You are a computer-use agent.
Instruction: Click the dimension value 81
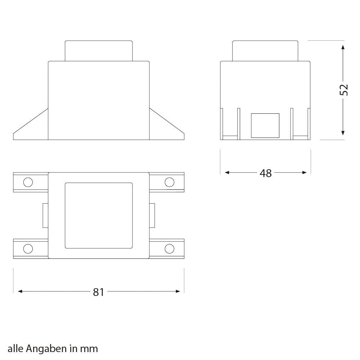coord(98,292)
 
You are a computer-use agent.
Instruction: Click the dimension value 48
coord(266,173)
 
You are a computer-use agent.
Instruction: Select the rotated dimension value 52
coord(344,90)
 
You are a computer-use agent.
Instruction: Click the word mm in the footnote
coord(89,348)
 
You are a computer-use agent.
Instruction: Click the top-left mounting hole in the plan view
coord(28,182)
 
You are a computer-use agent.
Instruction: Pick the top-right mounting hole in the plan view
coord(169,182)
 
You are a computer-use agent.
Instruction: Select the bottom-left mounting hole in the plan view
coord(28,248)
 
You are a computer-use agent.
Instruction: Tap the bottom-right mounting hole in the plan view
coord(169,248)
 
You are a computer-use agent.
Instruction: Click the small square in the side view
coord(265,125)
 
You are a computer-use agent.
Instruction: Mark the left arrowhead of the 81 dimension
coord(20,291)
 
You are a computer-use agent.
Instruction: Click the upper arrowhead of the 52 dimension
coord(343,48)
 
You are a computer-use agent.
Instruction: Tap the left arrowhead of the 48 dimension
coord(227,173)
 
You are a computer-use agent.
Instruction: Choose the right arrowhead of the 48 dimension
coord(305,173)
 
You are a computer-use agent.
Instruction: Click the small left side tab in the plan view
coord(45,215)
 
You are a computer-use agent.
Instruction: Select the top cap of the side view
coord(265,51)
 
